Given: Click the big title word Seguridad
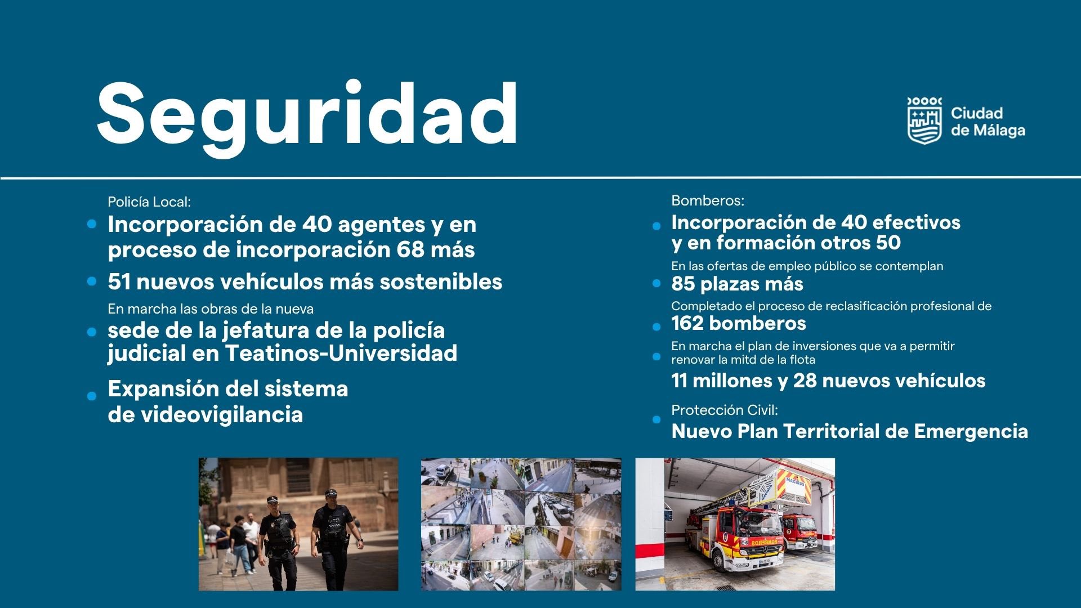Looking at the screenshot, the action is [307, 115].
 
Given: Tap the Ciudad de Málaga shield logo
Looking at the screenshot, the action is [924, 120].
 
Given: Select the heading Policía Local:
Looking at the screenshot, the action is [149, 202].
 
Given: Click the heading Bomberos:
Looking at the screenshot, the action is [708, 200].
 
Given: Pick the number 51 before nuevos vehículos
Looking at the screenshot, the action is [119, 281].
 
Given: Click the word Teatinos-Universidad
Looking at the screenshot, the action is [341, 353].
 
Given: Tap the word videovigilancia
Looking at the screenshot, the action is [221, 414].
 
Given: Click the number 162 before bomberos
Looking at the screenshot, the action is [687, 323].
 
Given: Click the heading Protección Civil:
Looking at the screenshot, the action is [725, 410].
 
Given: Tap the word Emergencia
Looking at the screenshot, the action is [971, 431].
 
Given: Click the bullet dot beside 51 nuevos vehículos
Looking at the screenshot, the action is [92, 281].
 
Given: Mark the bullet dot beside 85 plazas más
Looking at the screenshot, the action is [656, 284].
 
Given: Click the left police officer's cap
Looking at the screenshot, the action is [273, 499].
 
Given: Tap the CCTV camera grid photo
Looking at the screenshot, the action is [521, 524].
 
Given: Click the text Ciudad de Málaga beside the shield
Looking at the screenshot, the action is [988, 122].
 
